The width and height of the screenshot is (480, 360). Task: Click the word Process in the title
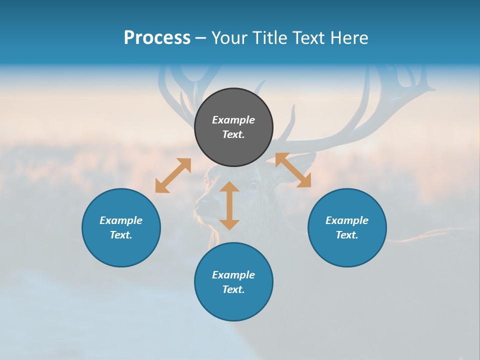click(x=157, y=38)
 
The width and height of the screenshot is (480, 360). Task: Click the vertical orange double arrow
click(x=229, y=205)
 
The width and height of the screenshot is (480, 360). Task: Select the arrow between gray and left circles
click(x=173, y=175)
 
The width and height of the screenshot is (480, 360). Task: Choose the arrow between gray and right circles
click(x=293, y=170)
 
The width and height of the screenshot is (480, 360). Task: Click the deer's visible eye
click(x=253, y=185)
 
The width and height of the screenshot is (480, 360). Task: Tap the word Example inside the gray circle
click(x=233, y=120)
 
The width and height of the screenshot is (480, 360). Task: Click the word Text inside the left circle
click(x=121, y=235)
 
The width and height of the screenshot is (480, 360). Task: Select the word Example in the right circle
click(x=347, y=220)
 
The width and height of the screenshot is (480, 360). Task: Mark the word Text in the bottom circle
click(x=233, y=289)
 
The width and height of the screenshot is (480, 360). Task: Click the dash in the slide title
click(x=201, y=38)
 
